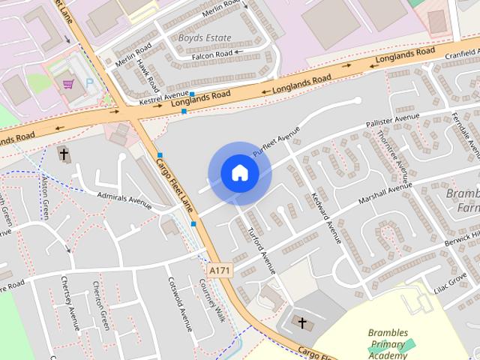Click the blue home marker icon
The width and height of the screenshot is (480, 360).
pos(239,173)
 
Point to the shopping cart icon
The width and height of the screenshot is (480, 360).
pos(69,85)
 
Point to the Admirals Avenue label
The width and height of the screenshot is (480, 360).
pos(124,199)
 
